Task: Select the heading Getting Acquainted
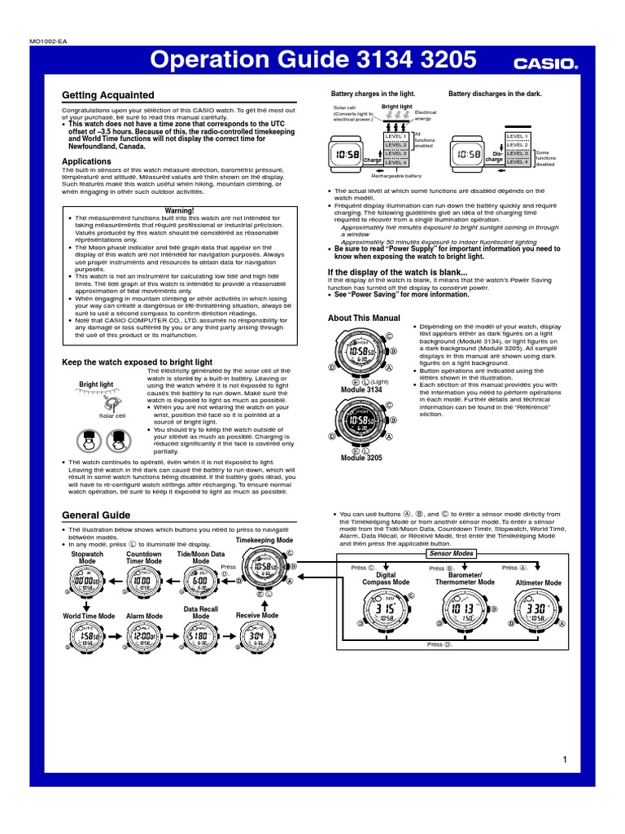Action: [x=108, y=94]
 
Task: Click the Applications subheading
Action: [x=87, y=161]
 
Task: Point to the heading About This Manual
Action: [x=364, y=318]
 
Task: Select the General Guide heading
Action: [x=97, y=516]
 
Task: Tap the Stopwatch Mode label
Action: [x=87, y=558]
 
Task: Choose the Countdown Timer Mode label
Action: [x=143, y=558]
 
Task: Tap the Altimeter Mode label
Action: [x=538, y=583]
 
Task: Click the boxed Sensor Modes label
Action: [x=451, y=553]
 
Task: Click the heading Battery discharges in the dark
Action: [x=495, y=94]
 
